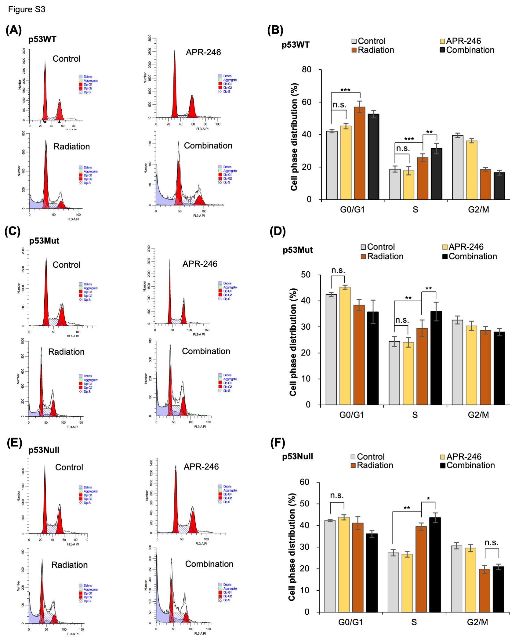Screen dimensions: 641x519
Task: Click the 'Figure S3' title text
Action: [x=27, y=9]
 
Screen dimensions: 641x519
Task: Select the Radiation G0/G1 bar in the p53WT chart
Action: [x=360, y=153]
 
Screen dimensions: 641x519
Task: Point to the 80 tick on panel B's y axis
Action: [x=307, y=70]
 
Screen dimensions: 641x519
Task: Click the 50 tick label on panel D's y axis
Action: [x=306, y=275]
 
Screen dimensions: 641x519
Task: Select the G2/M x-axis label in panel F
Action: [x=477, y=622]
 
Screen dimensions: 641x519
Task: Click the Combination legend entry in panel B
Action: [x=470, y=50]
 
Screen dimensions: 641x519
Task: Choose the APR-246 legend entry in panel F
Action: [x=463, y=457]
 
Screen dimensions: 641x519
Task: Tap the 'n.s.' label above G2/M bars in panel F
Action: [x=492, y=542]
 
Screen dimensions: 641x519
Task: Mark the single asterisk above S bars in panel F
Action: [x=428, y=498]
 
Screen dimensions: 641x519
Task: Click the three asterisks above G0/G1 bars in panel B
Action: [x=345, y=90]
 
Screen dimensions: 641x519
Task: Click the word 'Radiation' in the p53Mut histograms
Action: [x=66, y=352]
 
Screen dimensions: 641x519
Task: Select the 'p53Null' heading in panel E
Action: [x=44, y=450]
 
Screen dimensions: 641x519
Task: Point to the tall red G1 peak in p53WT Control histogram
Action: [x=45, y=92]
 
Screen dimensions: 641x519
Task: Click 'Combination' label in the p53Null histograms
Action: [x=209, y=564]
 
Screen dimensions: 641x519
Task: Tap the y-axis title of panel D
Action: [x=293, y=342]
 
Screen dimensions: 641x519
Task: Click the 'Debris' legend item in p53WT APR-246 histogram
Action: [x=227, y=76]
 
